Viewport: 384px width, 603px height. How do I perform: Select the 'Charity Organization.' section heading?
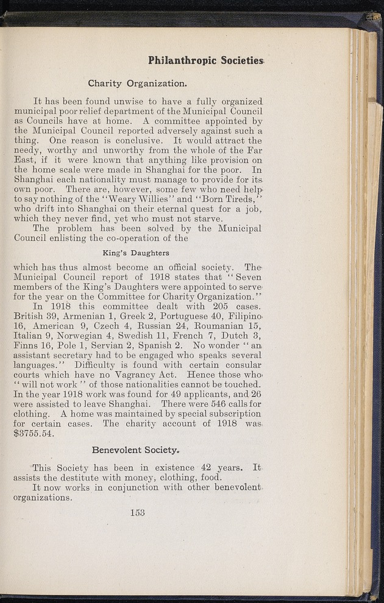pyautogui.click(x=137, y=83)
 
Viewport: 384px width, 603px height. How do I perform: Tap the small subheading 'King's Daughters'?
pyautogui.click(x=135, y=252)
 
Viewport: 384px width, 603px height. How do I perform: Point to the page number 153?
pyautogui.click(x=137, y=512)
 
